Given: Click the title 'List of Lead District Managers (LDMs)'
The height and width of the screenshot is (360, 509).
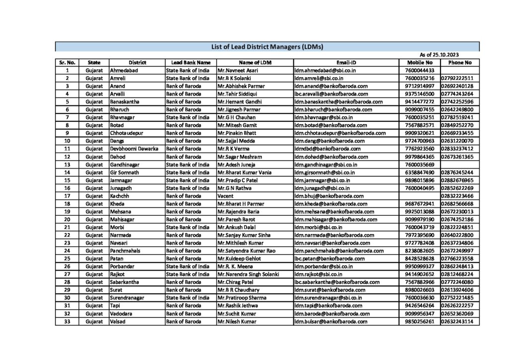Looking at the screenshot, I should point(267,47).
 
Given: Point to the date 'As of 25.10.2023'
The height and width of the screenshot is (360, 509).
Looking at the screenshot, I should point(439,55).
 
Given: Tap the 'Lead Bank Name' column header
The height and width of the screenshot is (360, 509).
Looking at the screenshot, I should point(191,63).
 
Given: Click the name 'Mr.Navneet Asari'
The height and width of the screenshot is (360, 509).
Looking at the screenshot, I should point(238,71).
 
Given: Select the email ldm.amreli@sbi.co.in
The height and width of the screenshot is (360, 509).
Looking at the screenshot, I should point(321,78).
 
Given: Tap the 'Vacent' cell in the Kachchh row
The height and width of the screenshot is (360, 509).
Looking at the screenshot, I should point(226,196).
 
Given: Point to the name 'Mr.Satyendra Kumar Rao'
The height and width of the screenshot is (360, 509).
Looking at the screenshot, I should point(246,251).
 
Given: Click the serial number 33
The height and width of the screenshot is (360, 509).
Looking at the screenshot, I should point(67,321).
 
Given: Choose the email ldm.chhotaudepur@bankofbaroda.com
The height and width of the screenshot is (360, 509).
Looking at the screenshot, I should point(339,133).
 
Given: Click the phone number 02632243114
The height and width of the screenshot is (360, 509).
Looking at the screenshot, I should point(457,321).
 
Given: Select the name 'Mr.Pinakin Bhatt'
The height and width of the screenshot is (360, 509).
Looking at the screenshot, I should point(237,133).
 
